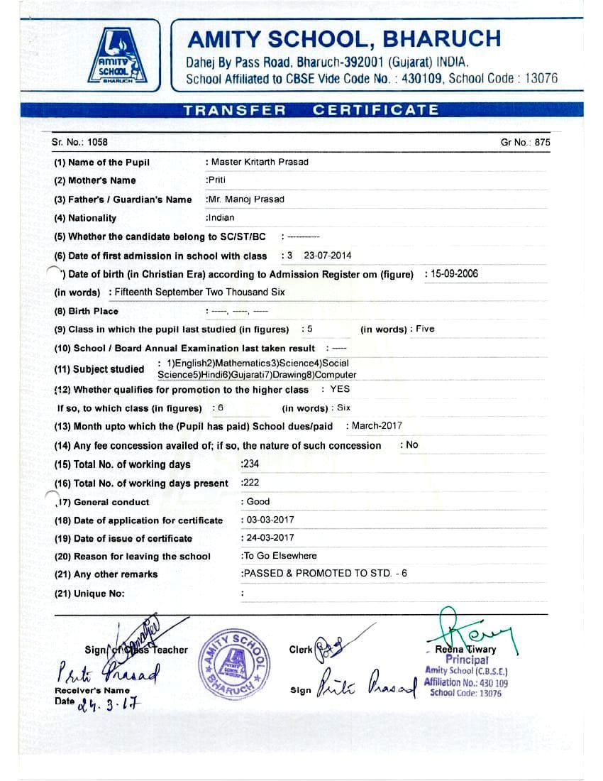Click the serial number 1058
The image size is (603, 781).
click(98, 142)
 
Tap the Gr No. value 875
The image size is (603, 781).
click(543, 142)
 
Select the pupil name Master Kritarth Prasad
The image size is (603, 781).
click(260, 162)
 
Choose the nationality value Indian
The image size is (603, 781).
click(221, 218)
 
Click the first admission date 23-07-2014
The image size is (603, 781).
click(327, 256)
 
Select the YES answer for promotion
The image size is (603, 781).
click(340, 389)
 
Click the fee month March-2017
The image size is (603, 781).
click(377, 426)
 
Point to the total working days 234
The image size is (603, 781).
click(251, 464)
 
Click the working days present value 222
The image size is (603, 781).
click(251, 483)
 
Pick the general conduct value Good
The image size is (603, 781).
click(258, 501)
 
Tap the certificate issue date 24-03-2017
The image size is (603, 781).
click(270, 538)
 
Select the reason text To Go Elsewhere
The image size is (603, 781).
click(280, 556)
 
